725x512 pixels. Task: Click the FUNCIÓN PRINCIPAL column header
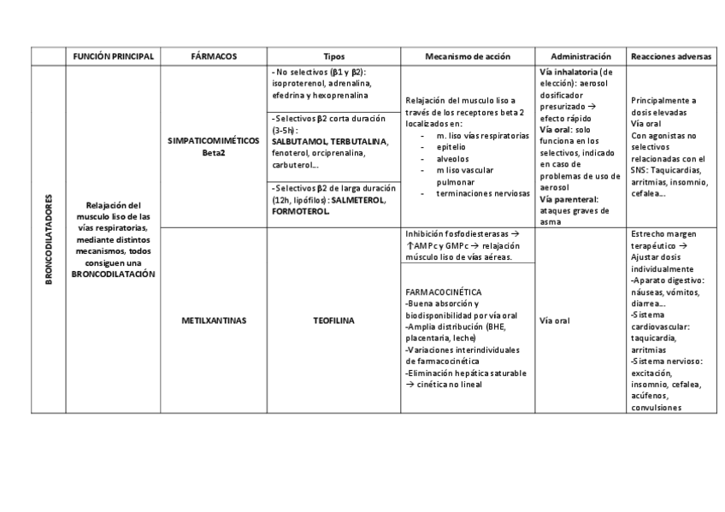pyautogui.click(x=114, y=56)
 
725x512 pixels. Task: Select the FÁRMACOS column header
pyautogui.click(x=215, y=56)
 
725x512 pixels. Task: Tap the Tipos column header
pyautogui.click(x=334, y=56)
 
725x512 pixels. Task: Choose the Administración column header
pyautogui.click(x=581, y=56)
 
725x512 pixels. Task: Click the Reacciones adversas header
pyautogui.click(x=670, y=56)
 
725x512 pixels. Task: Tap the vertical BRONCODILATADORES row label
pyautogui.click(x=49, y=239)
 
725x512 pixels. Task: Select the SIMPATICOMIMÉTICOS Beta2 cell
pyautogui.click(x=215, y=147)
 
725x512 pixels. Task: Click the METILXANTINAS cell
pyautogui.click(x=215, y=321)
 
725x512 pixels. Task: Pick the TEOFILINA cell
pyautogui.click(x=334, y=321)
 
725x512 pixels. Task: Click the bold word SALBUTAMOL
pyautogui.click(x=299, y=141)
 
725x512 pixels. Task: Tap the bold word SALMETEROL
pyautogui.click(x=357, y=200)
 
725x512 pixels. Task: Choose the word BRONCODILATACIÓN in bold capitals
pyautogui.click(x=113, y=274)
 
